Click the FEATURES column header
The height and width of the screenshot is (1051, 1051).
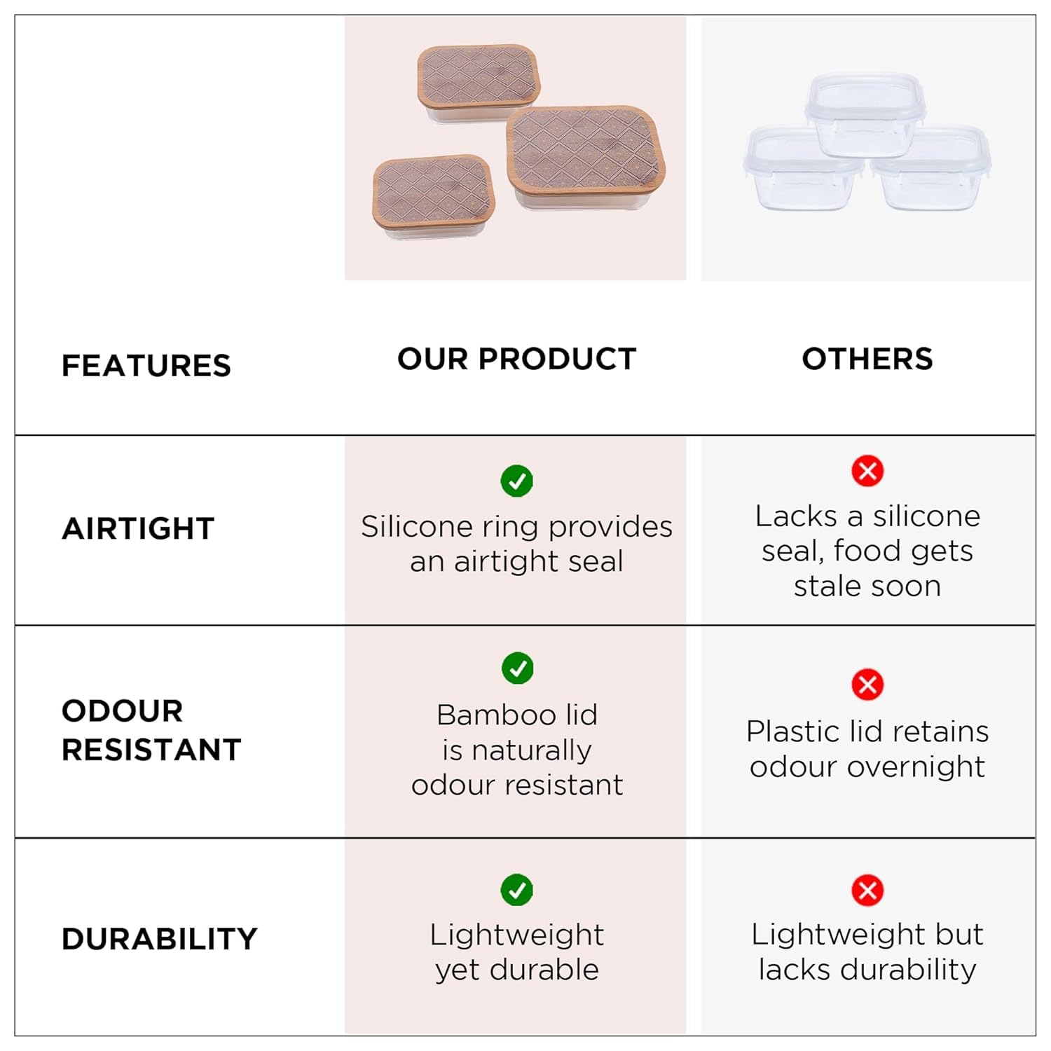click(146, 366)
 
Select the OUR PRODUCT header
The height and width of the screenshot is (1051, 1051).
click(517, 359)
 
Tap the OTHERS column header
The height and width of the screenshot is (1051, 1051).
click(867, 359)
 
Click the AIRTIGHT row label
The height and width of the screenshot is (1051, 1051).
click(138, 528)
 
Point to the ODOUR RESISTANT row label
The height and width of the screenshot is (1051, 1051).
click(151, 730)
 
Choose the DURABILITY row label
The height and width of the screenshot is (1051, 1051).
click(160, 939)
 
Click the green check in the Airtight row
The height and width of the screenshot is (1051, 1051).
click(517, 481)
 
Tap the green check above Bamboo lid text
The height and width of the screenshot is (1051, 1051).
click(518, 668)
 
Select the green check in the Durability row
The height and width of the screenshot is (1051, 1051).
click(517, 890)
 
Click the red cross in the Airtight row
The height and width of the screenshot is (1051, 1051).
click(867, 471)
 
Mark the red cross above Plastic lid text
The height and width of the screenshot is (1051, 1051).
click(867, 685)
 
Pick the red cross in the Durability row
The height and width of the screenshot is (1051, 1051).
click(867, 891)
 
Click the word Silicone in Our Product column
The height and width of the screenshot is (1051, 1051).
click(417, 526)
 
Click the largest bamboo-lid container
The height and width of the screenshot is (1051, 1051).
click(586, 157)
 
